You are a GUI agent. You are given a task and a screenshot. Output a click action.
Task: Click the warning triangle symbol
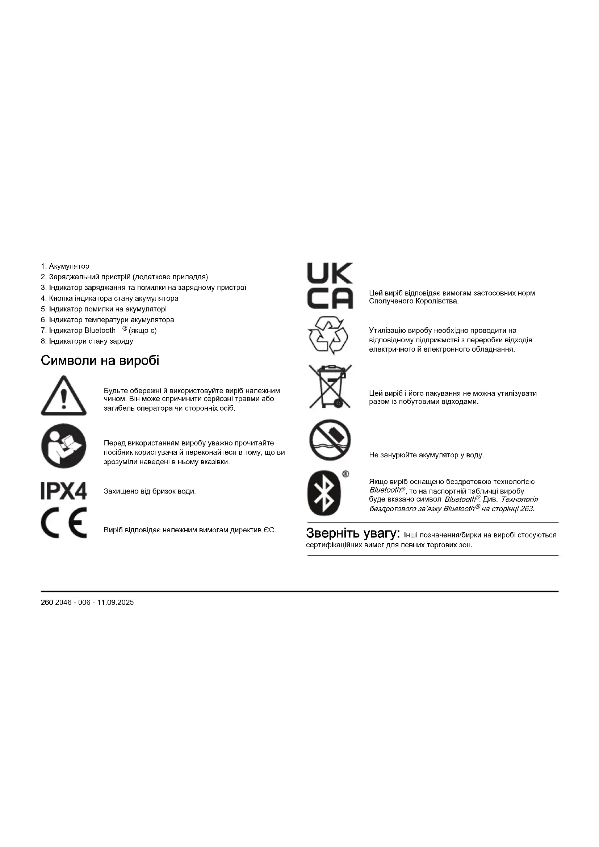click(64, 396)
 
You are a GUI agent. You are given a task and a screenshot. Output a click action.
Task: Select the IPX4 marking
click(64, 491)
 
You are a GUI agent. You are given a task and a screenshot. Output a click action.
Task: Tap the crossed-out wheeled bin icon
click(330, 387)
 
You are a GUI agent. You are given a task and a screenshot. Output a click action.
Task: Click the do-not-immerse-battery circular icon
click(330, 440)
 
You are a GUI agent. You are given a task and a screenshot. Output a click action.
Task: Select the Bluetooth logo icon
click(324, 493)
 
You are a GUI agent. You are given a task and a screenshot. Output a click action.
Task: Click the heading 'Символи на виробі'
click(100, 360)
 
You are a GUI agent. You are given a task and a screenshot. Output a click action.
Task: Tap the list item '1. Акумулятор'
click(65, 267)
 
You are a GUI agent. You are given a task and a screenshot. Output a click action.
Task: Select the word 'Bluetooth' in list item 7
click(100, 331)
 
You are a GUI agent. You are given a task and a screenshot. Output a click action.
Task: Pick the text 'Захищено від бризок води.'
click(150, 491)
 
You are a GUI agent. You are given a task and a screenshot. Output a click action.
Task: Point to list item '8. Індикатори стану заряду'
click(87, 341)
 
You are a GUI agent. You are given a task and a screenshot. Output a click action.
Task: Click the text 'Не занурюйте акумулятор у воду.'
click(426, 455)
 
